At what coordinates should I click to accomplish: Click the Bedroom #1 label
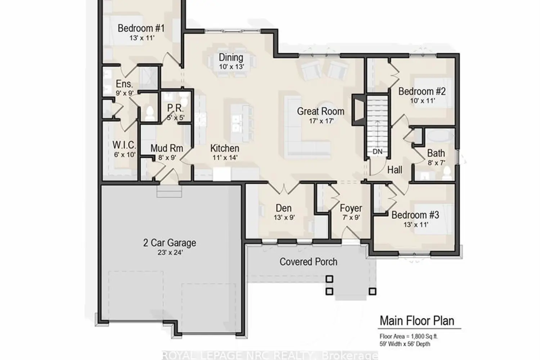click(141, 28)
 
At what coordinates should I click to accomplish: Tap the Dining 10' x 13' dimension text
click(231, 67)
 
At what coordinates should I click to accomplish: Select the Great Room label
click(320, 111)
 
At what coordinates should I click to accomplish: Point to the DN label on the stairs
click(377, 152)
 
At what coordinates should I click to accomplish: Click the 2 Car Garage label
click(170, 243)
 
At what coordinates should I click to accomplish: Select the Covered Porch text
click(308, 262)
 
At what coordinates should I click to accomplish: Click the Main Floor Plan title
click(417, 320)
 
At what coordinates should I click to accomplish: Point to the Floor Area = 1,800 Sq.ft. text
click(409, 337)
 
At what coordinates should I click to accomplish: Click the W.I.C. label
click(124, 145)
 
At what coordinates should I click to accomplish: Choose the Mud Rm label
click(167, 148)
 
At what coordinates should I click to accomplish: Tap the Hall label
click(395, 170)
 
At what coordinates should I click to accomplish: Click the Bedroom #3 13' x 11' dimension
click(415, 225)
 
